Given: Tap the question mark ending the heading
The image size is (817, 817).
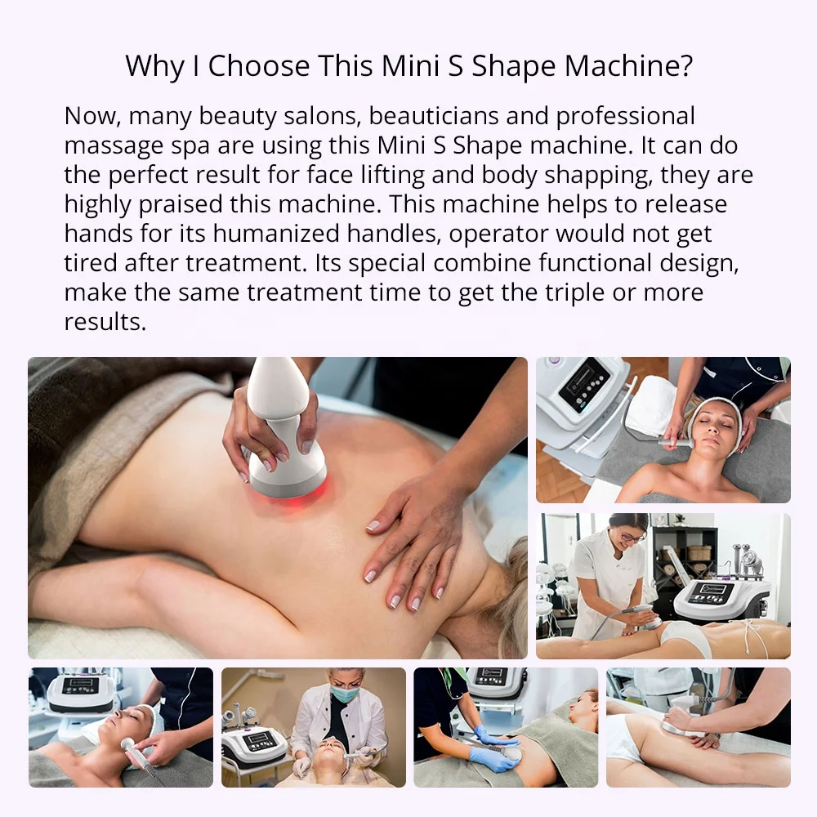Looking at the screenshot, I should [x=684, y=67].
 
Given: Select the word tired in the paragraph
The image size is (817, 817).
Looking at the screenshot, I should [x=89, y=263].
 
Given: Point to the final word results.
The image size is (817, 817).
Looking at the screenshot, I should [x=105, y=321].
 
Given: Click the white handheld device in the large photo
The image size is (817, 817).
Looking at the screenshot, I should [x=282, y=425].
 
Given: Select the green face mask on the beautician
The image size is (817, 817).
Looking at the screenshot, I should [x=344, y=694].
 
